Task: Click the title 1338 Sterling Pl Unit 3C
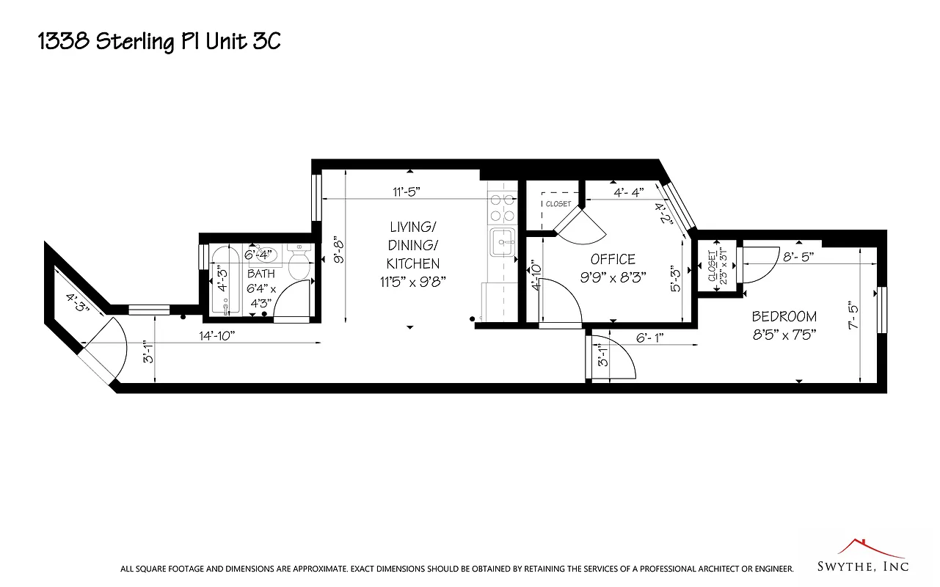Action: point(159,42)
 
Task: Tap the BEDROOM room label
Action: point(784,316)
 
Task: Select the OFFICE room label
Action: point(613,259)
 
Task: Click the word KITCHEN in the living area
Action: point(413,263)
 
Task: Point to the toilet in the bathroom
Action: point(299,263)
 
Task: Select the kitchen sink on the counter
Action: point(503,242)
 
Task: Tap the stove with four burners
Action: point(502,207)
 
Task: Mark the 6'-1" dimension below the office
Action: point(650,338)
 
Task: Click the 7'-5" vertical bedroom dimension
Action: point(853,315)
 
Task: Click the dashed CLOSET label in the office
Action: point(558,203)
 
